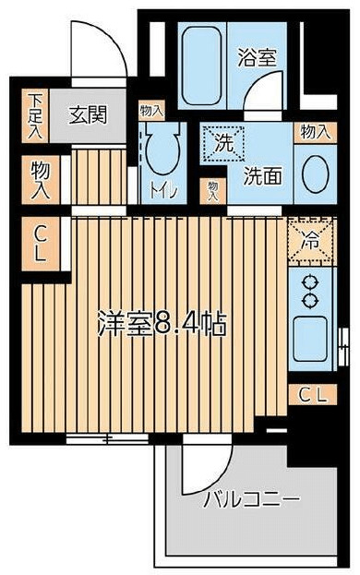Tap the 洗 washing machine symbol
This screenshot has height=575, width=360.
point(224,144)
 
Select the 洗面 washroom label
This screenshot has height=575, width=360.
point(262,176)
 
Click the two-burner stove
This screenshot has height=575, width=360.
point(307,290)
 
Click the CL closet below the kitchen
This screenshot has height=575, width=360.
point(310,395)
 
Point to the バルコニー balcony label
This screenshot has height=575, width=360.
point(251,501)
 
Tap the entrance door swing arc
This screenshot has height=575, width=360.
point(102,51)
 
